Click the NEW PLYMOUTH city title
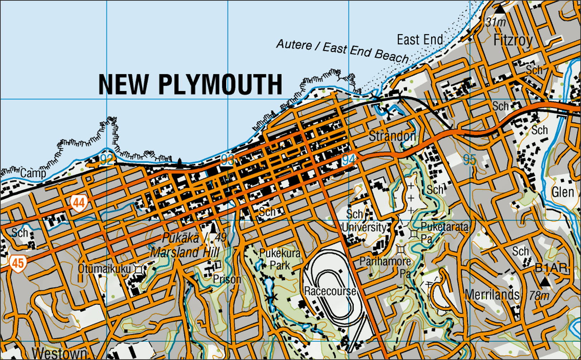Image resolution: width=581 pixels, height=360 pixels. pyautogui.click(x=190, y=85)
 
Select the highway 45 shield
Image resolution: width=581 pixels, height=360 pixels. pyautogui.click(x=18, y=264)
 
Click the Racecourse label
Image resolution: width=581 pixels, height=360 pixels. pyautogui.click(x=330, y=291)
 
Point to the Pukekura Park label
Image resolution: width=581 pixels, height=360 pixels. pyautogui.click(x=280, y=259)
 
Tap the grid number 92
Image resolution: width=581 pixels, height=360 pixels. pyautogui.click(x=106, y=160)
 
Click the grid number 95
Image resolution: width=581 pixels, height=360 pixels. pyautogui.click(x=469, y=160)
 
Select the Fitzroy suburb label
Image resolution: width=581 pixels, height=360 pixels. pyautogui.click(x=513, y=40)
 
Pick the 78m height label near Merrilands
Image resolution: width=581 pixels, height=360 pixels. pyautogui.click(x=539, y=296)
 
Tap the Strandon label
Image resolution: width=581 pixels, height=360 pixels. pyautogui.click(x=392, y=136)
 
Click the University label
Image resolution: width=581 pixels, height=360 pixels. pyautogui.click(x=364, y=227)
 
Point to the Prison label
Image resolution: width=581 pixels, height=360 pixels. pyautogui.click(x=227, y=279)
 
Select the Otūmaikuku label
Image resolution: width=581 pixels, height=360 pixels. pyautogui.click(x=104, y=268)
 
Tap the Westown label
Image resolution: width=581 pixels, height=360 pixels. pyautogui.click(x=59, y=353)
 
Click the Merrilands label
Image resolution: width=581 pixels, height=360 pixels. pyautogui.click(x=492, y=295)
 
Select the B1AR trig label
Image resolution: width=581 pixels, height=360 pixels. pyautogui.click(x=551, y=268)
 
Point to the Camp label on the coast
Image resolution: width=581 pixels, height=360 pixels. pyautogui.click(x=33, y=174)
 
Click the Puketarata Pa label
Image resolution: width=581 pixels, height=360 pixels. pyautogui.click(x=444, y=232)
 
